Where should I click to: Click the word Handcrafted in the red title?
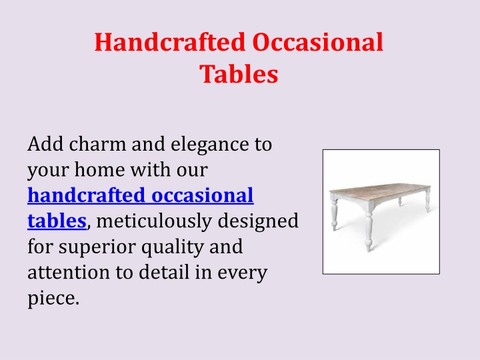[x=170, y=42]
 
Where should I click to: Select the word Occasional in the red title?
[x=318, y=42]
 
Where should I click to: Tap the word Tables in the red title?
[x=239, y=74]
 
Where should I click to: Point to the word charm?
[x=97, y=144]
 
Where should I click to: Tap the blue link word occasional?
[x=203, y=195]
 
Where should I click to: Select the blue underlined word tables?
[x=57, y=221]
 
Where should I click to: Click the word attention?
[x=69, y=272]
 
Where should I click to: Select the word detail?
[x=164, y=272]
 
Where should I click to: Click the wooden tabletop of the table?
[x=379, y=191]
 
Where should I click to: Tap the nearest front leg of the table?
[x=369, y=228]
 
